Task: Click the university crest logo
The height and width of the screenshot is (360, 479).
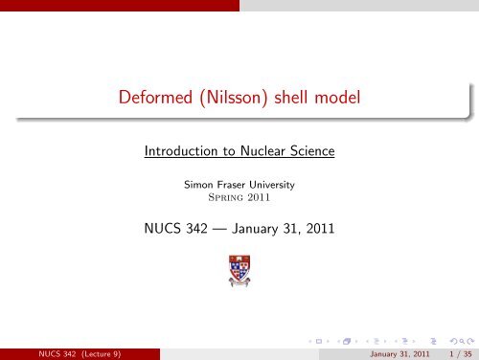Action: tap(239, 272)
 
